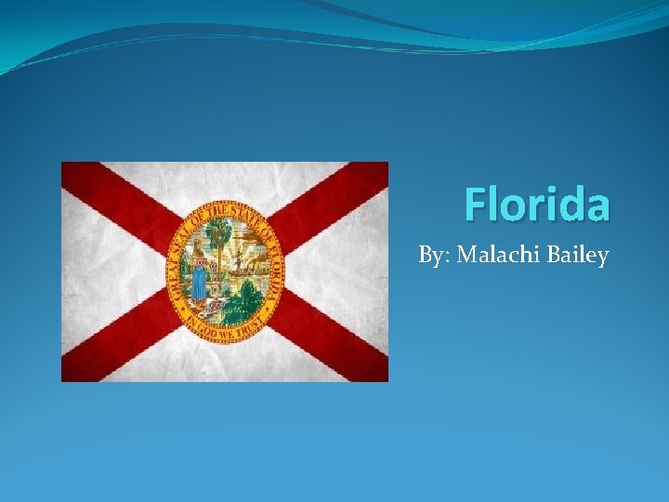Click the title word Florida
537,204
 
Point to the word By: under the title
434,255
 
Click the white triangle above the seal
225,180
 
